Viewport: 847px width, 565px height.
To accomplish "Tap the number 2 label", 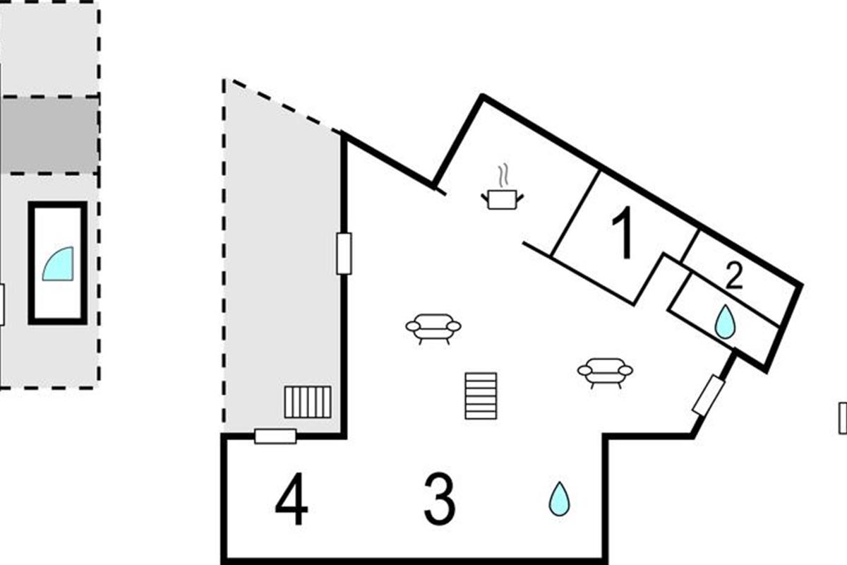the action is point(734,276).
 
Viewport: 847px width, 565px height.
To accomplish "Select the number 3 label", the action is point(440,499).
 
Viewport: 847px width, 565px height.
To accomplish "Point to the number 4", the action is point(292,499).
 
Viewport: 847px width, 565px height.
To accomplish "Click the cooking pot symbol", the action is point(502,199).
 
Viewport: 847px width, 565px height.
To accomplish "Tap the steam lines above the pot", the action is point(503,175).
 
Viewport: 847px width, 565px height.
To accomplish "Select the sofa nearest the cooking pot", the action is point(433,328).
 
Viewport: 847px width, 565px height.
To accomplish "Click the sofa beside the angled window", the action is point(605,373).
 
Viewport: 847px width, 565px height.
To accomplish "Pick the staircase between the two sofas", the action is point(481,395).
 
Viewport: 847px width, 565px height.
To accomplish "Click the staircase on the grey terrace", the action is point(308,402).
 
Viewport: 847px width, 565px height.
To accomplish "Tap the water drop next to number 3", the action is point(559,499).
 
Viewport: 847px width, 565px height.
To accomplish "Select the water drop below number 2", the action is point(725,321).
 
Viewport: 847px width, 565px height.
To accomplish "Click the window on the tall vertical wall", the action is point(344,254).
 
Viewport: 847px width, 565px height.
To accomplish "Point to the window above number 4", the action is point(275,436).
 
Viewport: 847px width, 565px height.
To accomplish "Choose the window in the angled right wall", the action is point(709,395).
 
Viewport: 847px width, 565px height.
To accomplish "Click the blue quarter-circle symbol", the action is point(58,263).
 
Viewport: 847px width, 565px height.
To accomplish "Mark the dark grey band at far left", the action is point(49,135).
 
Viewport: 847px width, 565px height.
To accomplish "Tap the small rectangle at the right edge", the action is point(843,418).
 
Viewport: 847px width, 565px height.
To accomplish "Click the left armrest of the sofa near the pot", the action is point(412,326).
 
